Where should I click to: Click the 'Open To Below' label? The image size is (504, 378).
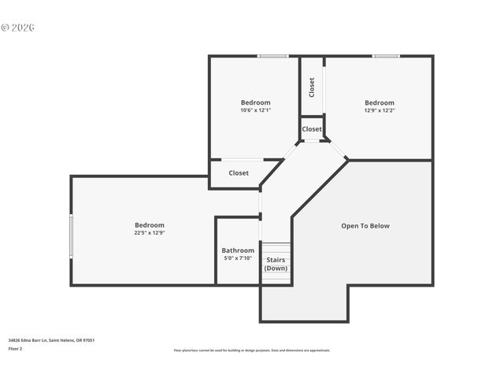click(365, 226)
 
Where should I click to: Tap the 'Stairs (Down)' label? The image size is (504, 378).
click(276, 264)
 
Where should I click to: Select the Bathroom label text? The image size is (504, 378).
click(238, 250)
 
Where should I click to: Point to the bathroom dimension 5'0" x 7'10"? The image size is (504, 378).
click(238, 258)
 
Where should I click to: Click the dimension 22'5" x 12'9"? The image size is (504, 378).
click(149, 233)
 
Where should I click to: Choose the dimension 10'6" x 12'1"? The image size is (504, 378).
click(255, 110)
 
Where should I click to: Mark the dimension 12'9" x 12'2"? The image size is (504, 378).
click(379, 110)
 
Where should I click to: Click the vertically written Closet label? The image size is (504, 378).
click(312, 86)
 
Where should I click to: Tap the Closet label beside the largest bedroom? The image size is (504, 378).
click(239, 173)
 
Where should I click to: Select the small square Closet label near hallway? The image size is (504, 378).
click(312, 129)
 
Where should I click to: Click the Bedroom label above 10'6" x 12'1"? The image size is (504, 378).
click(255, 102)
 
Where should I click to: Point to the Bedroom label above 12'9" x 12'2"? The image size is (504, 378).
click(379, 102)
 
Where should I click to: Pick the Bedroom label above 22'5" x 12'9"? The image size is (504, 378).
click(149, 225)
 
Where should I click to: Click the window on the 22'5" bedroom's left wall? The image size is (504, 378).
click(72, 235)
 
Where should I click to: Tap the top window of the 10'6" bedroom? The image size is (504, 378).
click(272, 56)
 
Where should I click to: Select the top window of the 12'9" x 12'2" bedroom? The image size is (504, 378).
click(385, 56)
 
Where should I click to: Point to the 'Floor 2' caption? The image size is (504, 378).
click(15, 348)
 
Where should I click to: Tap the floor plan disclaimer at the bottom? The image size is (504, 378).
click(252, 350)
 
